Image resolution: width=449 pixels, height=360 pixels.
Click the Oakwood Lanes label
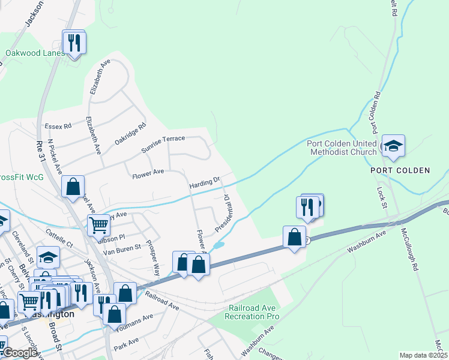[x=35, y=53]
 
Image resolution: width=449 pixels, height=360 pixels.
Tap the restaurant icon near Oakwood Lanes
[x=74, y=43]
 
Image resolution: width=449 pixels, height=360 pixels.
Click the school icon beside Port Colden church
[x=393, y=146]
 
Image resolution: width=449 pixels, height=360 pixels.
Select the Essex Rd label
[x=58, y=126]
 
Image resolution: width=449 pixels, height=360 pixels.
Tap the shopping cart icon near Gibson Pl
[x=98, y=226]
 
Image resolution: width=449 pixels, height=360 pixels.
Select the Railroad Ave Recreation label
[x=253, y=312]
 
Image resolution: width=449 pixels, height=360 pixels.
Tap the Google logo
[x=20, y=353]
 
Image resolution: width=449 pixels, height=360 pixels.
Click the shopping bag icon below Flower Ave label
[x=73, y=187]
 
